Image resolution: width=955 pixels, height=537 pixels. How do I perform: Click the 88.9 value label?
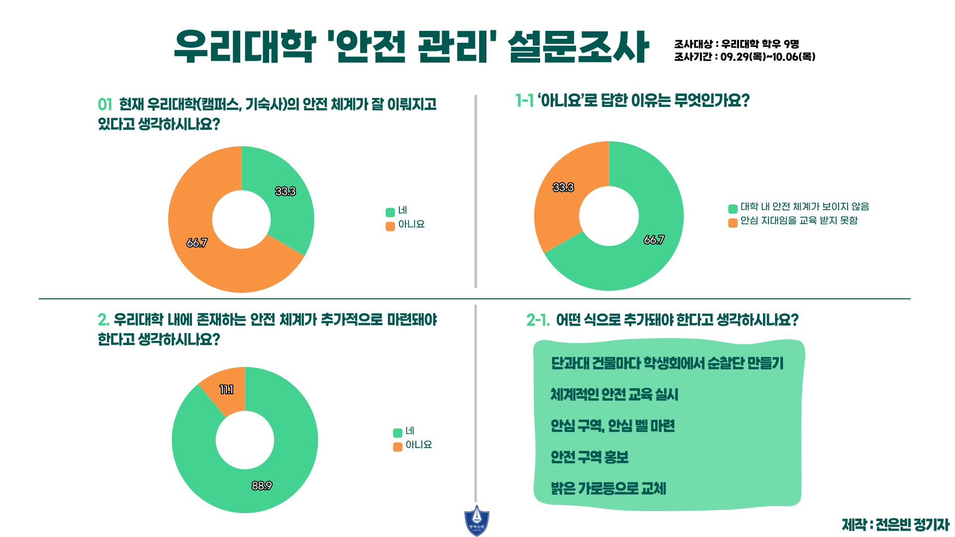pyautogui.click(x=262, y=486)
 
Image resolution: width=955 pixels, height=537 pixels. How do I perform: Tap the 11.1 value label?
pyautogui.click(x=227, y=390)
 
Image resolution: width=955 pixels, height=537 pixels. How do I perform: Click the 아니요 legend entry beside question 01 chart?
pyautogui.click(x=405, y=225)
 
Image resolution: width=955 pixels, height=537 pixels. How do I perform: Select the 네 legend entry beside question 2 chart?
pyautogui.click(x=404, y=431)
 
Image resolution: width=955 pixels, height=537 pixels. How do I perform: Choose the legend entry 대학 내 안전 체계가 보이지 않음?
pyautogui.click(x=799, y=207)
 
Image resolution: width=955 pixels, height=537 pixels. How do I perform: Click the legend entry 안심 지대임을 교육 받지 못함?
pyautogui.click(x=793, y=221)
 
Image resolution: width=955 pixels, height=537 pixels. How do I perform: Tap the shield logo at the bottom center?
pyautogui.click(x=477, y=521)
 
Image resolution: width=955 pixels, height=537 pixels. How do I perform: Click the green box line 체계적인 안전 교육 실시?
pyautogui.click(x=614, y=395)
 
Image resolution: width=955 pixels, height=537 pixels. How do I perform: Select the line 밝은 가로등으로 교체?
pyautogui.click(x=608, y=489)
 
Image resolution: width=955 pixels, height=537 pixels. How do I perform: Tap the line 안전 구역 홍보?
pyautogui.click(x=589, y=457)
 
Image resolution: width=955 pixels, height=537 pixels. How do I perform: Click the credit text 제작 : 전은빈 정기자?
pyautogui.click(x=895, y=525)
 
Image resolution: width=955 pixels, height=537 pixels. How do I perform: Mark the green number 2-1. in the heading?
pyautogui.click(x=538, y=320)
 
